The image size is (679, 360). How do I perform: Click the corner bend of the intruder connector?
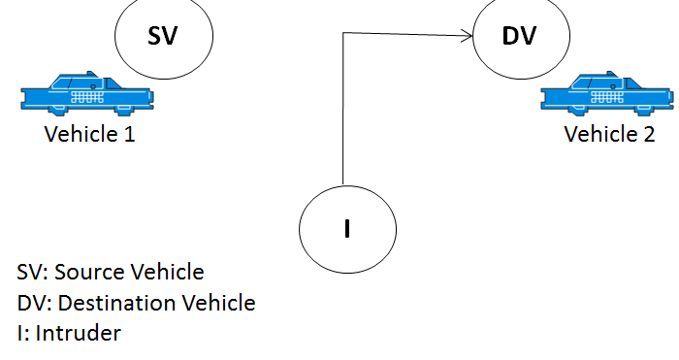click(343, 32)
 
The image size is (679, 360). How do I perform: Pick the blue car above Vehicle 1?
click(87, 93)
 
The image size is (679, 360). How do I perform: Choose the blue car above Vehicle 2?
click(607, 93)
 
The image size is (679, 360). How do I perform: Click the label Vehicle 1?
click(89, 134)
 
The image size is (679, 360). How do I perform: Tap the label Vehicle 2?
click(609, 134)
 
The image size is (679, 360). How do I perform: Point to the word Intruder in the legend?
click(79, 333)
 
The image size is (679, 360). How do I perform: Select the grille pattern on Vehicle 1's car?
click(87, 97)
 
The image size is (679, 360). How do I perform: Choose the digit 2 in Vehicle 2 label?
click(649, 134)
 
